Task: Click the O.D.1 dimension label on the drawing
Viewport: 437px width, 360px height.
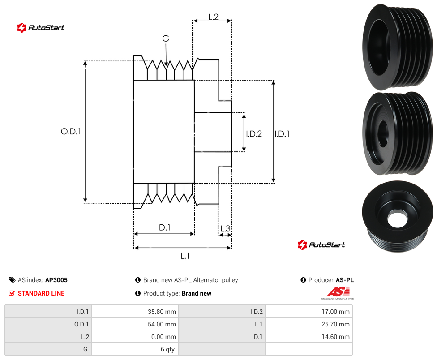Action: [x=71, y=131]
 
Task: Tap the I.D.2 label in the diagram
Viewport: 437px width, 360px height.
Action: [x=254, y=134]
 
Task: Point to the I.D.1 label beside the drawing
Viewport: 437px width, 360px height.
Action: [x=282, y=134]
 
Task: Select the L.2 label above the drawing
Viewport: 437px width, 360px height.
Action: [x=213, y=17]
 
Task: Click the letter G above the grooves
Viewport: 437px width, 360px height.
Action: [x=166, y=38]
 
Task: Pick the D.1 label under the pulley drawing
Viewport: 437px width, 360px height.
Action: [x=164, y=227]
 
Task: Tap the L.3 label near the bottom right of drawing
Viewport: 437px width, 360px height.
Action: [x=225, y=228]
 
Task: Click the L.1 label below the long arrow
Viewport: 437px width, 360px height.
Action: [x=185, y=256]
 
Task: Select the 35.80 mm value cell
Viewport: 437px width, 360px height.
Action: [x=135, y=312]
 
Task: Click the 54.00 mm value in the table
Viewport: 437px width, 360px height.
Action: [x=162, y=324]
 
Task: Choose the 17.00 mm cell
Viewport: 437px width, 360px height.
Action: [x=309, y=312]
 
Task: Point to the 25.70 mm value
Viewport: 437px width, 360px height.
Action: [x=335, y=324]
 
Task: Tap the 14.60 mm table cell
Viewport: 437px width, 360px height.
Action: [x=309, y=337]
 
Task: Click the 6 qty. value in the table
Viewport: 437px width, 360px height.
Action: [x=168, y=349]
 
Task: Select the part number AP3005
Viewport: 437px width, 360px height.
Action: [x=56, y=280]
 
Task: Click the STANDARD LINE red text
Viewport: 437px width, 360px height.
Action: [x=41, y=293]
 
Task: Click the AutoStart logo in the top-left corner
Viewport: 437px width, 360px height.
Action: [x=41, y=28]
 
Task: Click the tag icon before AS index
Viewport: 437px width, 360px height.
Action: [x=12, y=280]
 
